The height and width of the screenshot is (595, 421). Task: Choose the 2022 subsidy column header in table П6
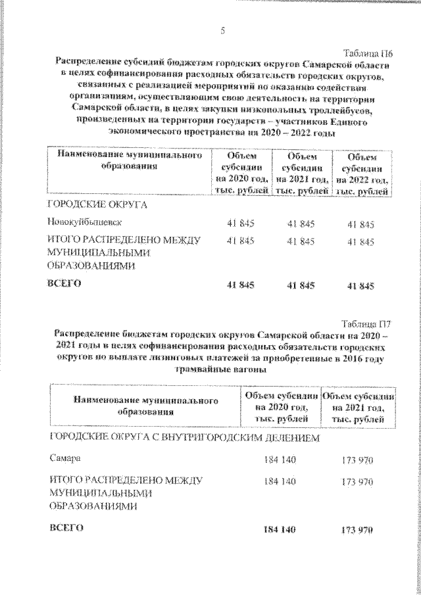click(362, 174)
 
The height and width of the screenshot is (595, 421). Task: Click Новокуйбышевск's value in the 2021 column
click(301, 224)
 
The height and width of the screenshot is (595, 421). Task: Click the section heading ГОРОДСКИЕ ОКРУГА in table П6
click(96, 204)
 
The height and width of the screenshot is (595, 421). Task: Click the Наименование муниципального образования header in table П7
click(145, 406)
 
